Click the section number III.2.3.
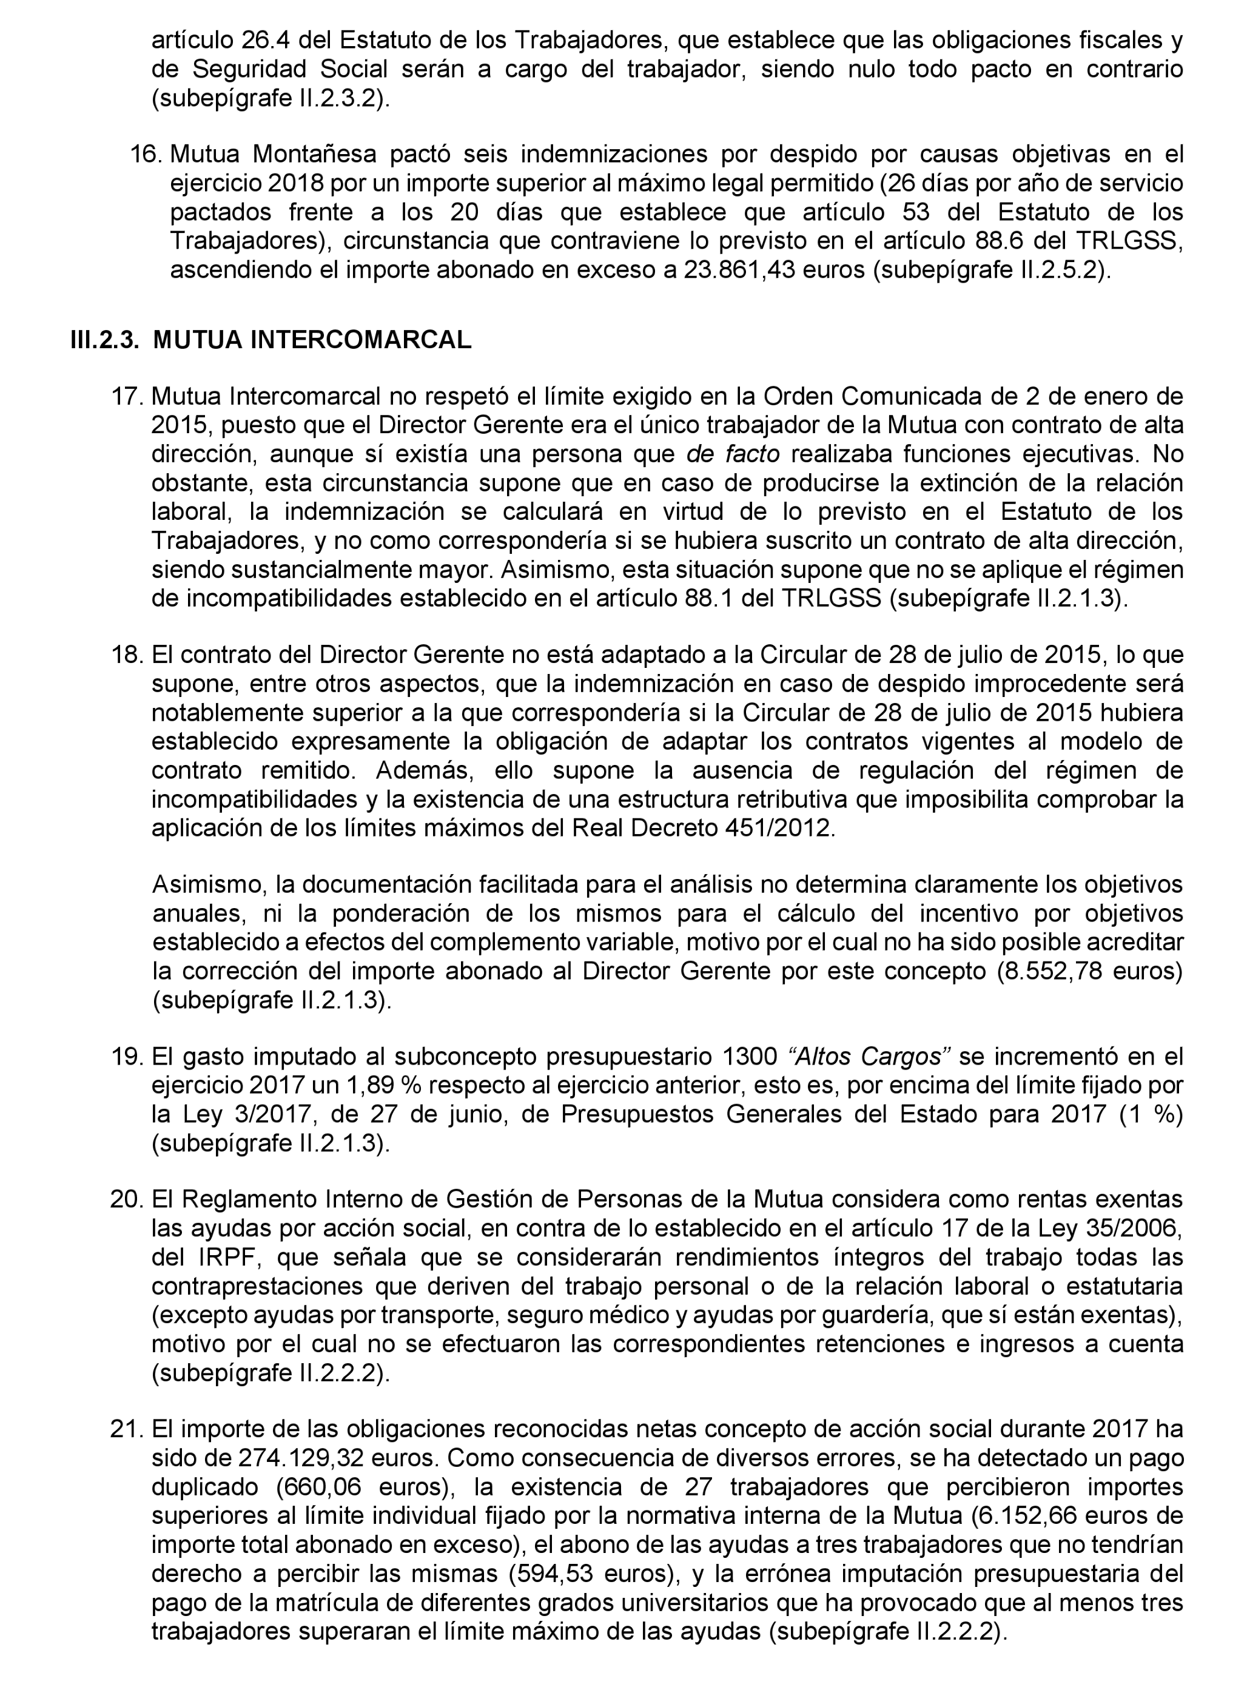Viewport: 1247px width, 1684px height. tap(104, 340)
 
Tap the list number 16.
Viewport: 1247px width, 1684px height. tap(146, 154)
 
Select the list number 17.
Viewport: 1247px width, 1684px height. tap(127, 396)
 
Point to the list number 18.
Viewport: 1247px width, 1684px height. tap(127, 655)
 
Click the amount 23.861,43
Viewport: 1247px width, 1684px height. tap(739, 269)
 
